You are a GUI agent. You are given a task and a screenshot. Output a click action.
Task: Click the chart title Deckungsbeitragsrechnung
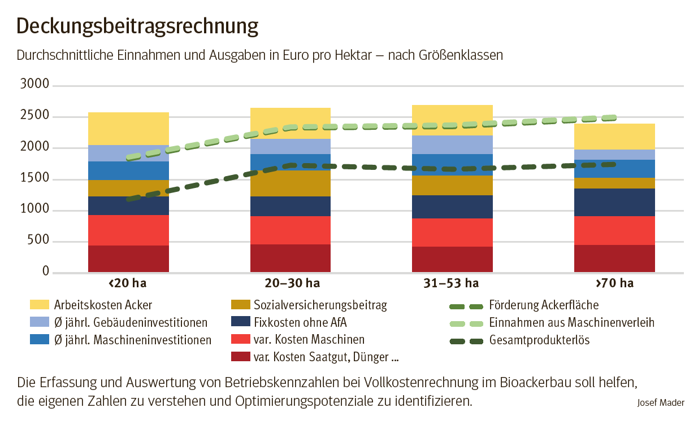coord(137,26)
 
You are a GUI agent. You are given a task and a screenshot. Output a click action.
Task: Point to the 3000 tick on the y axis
coord(35,85)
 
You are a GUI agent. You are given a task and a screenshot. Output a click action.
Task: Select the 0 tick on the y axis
coord(47,273)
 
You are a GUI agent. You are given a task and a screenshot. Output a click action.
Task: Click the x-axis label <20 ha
coord(128,283)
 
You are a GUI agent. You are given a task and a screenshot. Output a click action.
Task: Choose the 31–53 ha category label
coord(452,283)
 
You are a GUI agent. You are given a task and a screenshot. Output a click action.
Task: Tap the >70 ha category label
coord(614,283)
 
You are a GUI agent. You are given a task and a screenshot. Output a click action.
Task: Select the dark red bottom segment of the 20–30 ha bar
coord(291,258)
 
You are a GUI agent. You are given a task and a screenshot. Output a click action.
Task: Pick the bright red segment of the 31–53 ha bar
coord(452,233)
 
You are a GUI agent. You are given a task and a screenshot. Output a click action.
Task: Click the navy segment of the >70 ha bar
coord(614,202)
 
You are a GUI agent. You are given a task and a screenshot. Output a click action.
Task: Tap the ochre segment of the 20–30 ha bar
coord(291,183)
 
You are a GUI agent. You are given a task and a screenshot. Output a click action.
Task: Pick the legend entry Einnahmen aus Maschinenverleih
coord(571,323)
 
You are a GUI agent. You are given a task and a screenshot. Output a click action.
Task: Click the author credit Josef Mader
coord(660,402)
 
